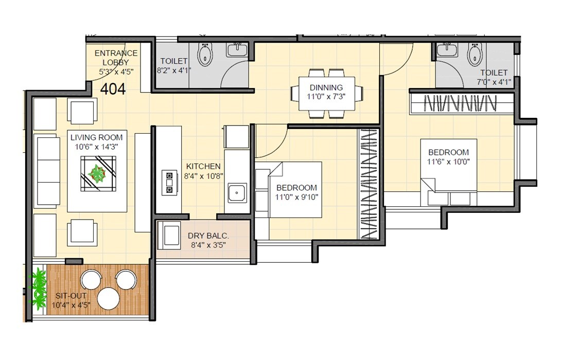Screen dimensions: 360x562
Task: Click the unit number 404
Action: click(x=113, y=89)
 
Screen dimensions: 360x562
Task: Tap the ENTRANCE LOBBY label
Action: click(x=116, y=58)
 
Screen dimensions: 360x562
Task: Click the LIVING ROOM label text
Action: click(x=97, y=137)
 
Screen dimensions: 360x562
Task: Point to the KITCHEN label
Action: click(x=203, y=167)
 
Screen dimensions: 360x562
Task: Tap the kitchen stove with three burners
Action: click(x=168, y=183)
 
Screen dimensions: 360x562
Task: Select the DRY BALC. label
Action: click(x=208, y=236)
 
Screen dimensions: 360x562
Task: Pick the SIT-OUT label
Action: click(x=71, y=296)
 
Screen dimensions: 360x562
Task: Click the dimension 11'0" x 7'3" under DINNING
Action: click(x=326, y=96)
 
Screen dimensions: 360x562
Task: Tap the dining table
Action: click(x=326, y=94)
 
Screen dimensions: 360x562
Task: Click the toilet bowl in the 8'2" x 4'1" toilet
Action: click(x=205, y=55)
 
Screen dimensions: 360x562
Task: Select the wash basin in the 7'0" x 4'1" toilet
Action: click(x=448, y=50)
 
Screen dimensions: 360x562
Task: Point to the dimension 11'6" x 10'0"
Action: click(x=448, y=161)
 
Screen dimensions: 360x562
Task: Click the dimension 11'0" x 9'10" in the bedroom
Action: click(x=296, y=196)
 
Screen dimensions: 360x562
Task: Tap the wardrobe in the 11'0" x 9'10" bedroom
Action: click(x=368, y=184)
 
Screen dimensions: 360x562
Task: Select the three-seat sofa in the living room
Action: click(x=47, y=171)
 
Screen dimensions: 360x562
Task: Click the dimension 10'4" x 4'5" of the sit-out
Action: click(x=71, y=305)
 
